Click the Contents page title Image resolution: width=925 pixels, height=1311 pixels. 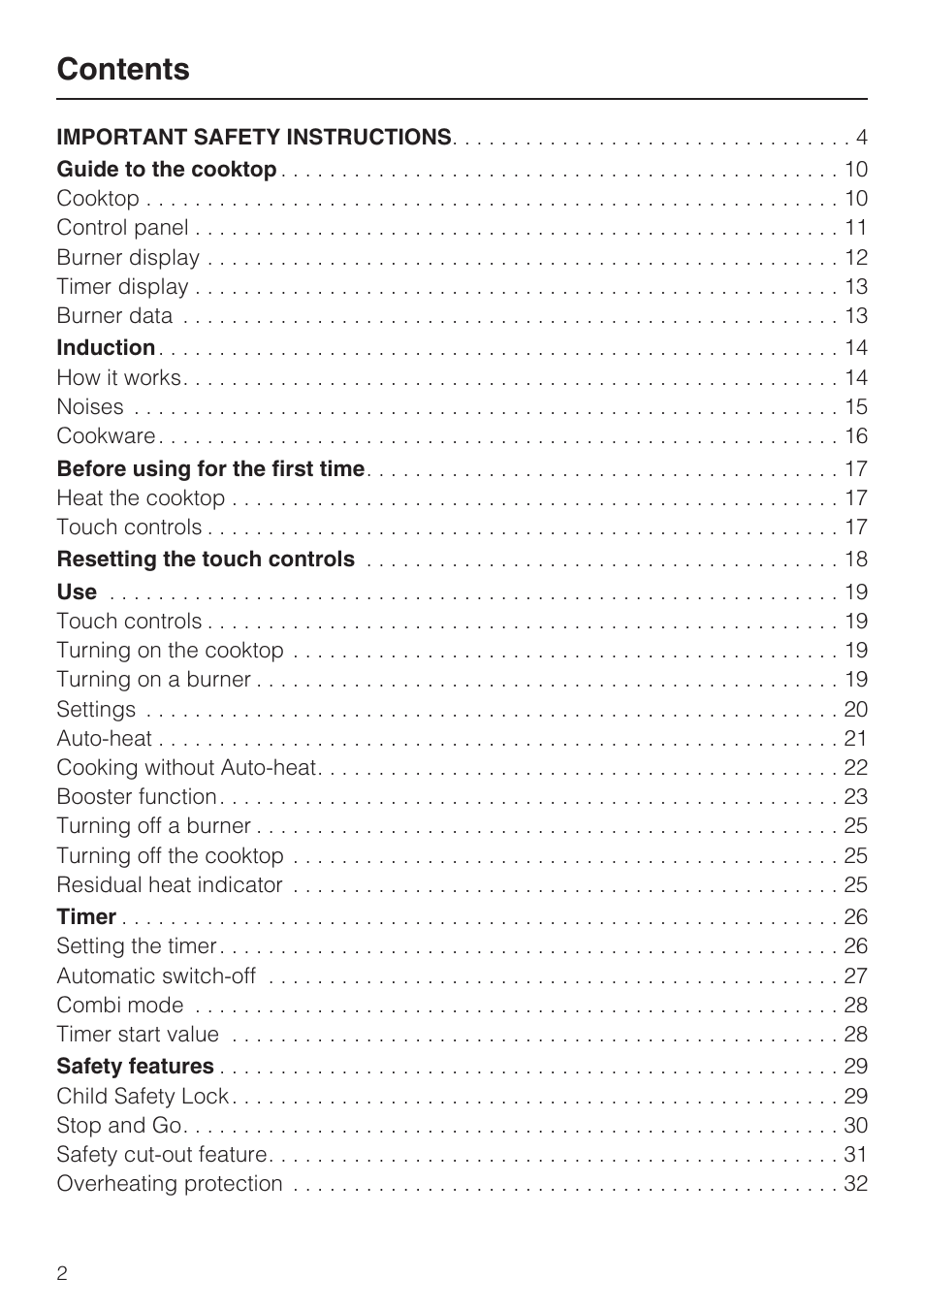tap(123, 69)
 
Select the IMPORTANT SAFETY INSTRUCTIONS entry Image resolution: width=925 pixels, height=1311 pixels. tap(254, 138)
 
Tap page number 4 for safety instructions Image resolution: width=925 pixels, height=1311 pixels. tap(861, 138)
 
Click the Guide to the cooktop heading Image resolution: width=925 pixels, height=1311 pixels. tap(167, 170)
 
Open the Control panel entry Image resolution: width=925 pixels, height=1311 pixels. tap(122, 228)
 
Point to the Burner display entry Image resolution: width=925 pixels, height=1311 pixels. tap(128, 258)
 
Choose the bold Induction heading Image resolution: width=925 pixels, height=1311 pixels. tap(106, 348)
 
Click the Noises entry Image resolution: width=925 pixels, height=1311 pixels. tap(90, 407)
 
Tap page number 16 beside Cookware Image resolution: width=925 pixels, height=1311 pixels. tap(855, 436)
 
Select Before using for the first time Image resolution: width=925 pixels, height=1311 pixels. tap(210, 469)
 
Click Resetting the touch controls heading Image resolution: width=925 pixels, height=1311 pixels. tap(206, 560)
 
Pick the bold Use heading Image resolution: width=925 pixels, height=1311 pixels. tap(77, 592)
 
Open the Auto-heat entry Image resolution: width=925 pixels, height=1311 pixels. tap(104, 739)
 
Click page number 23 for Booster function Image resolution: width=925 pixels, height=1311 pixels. tap(855, 797)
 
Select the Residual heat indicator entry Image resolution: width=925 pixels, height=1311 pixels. tap(170, 885)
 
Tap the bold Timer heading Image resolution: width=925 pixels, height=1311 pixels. tap(86, 917)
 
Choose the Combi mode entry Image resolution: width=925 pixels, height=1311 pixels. tap(120, 1006)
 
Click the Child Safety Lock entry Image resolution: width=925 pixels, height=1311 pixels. tap(143, 1097)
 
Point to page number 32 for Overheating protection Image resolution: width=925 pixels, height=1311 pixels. tap(855, 1184)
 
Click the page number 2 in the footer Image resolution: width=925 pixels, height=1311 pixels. tap(62, 1273)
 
